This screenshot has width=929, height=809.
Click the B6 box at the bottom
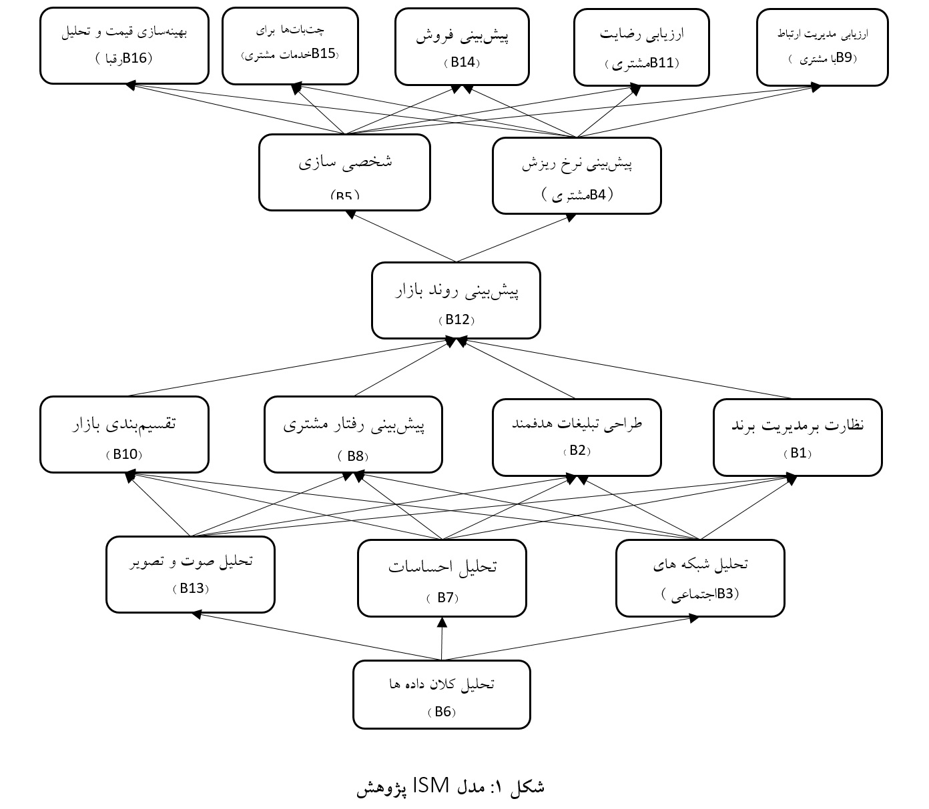[x=441, y=694]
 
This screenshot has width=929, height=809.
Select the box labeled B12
[x=456, y=300]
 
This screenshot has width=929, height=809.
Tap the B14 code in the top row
[x=462, y=62]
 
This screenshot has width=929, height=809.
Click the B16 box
[x=124, y=45]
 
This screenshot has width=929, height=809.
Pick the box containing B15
[x=290, y=45]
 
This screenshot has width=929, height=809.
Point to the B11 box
[x=641, y=47]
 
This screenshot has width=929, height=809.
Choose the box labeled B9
[x=822, y=47]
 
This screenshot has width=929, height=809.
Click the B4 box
[x=577, y=175]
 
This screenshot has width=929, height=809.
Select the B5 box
[x=344, y=172]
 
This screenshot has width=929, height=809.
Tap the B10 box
[x=124, y=434]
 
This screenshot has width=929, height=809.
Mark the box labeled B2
[x=577, y=437]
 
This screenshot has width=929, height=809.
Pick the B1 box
[x=798, y=437]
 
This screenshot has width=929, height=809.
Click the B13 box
[x=190, y=574]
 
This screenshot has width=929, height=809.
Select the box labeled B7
[x=442, y=578]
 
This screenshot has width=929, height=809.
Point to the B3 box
[x=700, y=578]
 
